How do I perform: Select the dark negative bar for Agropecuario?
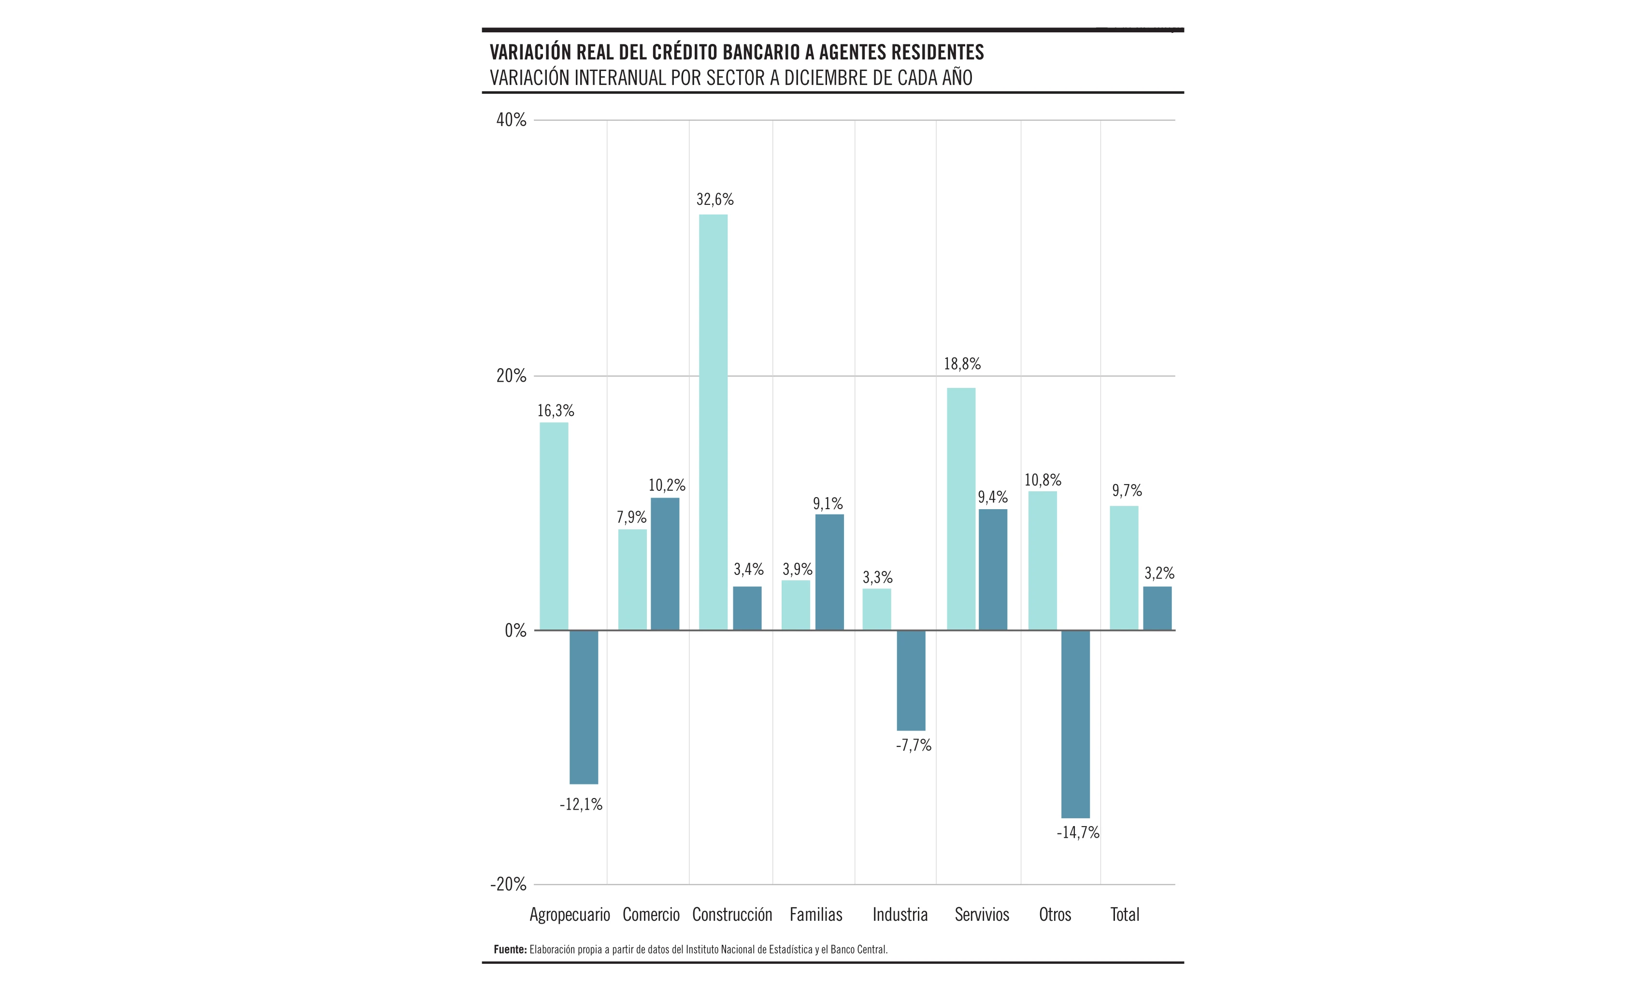pos(584,706)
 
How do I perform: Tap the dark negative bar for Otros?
pos(1075,724)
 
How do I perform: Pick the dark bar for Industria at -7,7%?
pos(911,680)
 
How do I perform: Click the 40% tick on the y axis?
pos(511,120)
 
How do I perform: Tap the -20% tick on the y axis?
pos(508,884)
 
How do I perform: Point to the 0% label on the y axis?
pos(515,630)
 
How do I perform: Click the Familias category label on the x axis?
pos(816,914)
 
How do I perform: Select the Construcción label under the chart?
pos(732,914)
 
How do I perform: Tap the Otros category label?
pos(1055,914)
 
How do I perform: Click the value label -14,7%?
pos(1078,832)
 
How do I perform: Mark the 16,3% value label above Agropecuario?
pos(556,411)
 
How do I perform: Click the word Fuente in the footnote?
pos(510,950)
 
